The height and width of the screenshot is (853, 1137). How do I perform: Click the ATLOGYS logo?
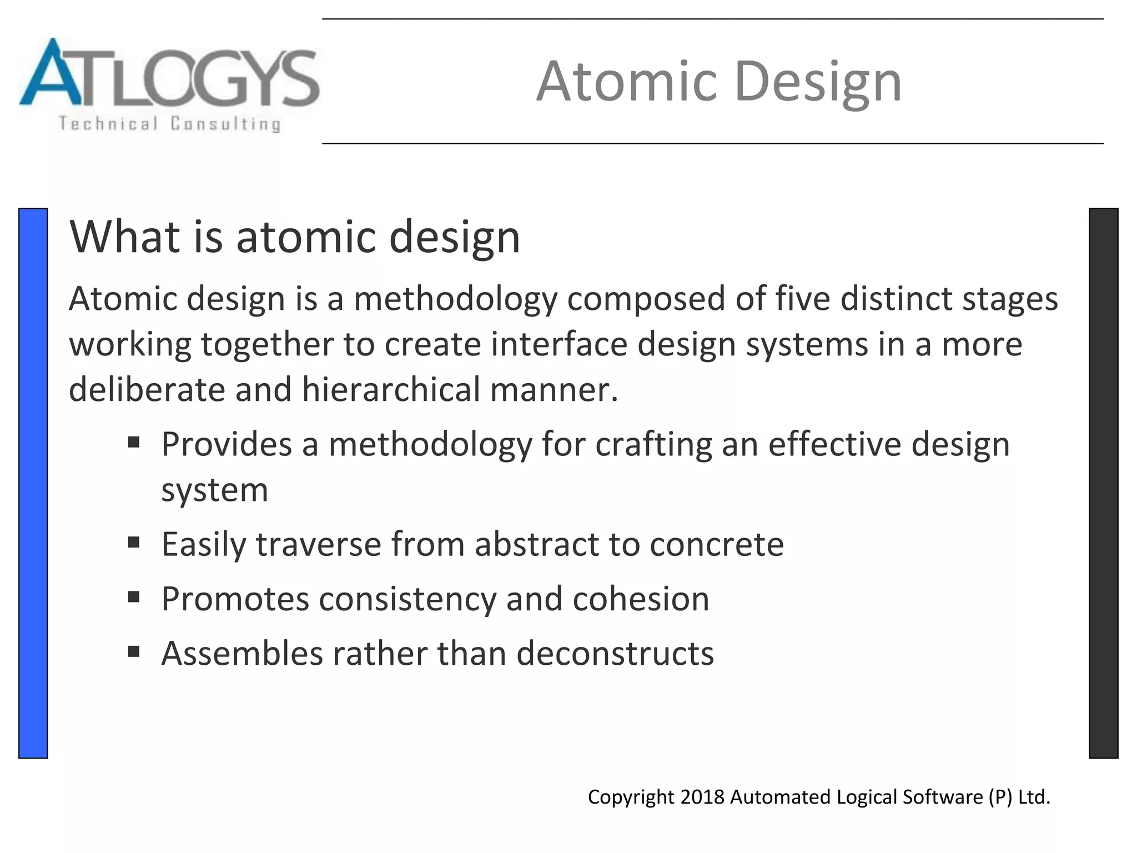click(x=169, y=75)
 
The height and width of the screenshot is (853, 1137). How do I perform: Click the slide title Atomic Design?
click(x=719, y=82)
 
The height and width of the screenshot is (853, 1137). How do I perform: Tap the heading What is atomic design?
click(x=294, y=237)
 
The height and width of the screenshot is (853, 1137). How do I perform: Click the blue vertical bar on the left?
click(x=33, y=483)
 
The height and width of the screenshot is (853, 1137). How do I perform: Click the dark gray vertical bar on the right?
click(x=1103, y=483)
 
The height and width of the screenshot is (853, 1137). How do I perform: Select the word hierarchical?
click(x=391, y=389)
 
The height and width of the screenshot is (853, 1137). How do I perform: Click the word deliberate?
click(x=147, y=389)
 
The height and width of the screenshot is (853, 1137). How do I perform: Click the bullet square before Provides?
click(x=133, y=443)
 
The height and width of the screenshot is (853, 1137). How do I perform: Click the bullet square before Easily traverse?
click(x=133, y=542)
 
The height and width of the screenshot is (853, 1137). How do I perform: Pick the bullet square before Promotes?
click(x=133, y=597)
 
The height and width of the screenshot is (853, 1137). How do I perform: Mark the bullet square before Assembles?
click(x=133, y=651)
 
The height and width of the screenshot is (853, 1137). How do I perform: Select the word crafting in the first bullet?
click(x=653, y=445)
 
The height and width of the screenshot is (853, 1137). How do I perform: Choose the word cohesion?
click(x=641, y=599)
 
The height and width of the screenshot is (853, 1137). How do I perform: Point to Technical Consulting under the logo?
click(x=169, y=123)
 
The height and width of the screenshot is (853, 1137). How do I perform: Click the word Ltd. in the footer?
click(x=1034, y=797)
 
